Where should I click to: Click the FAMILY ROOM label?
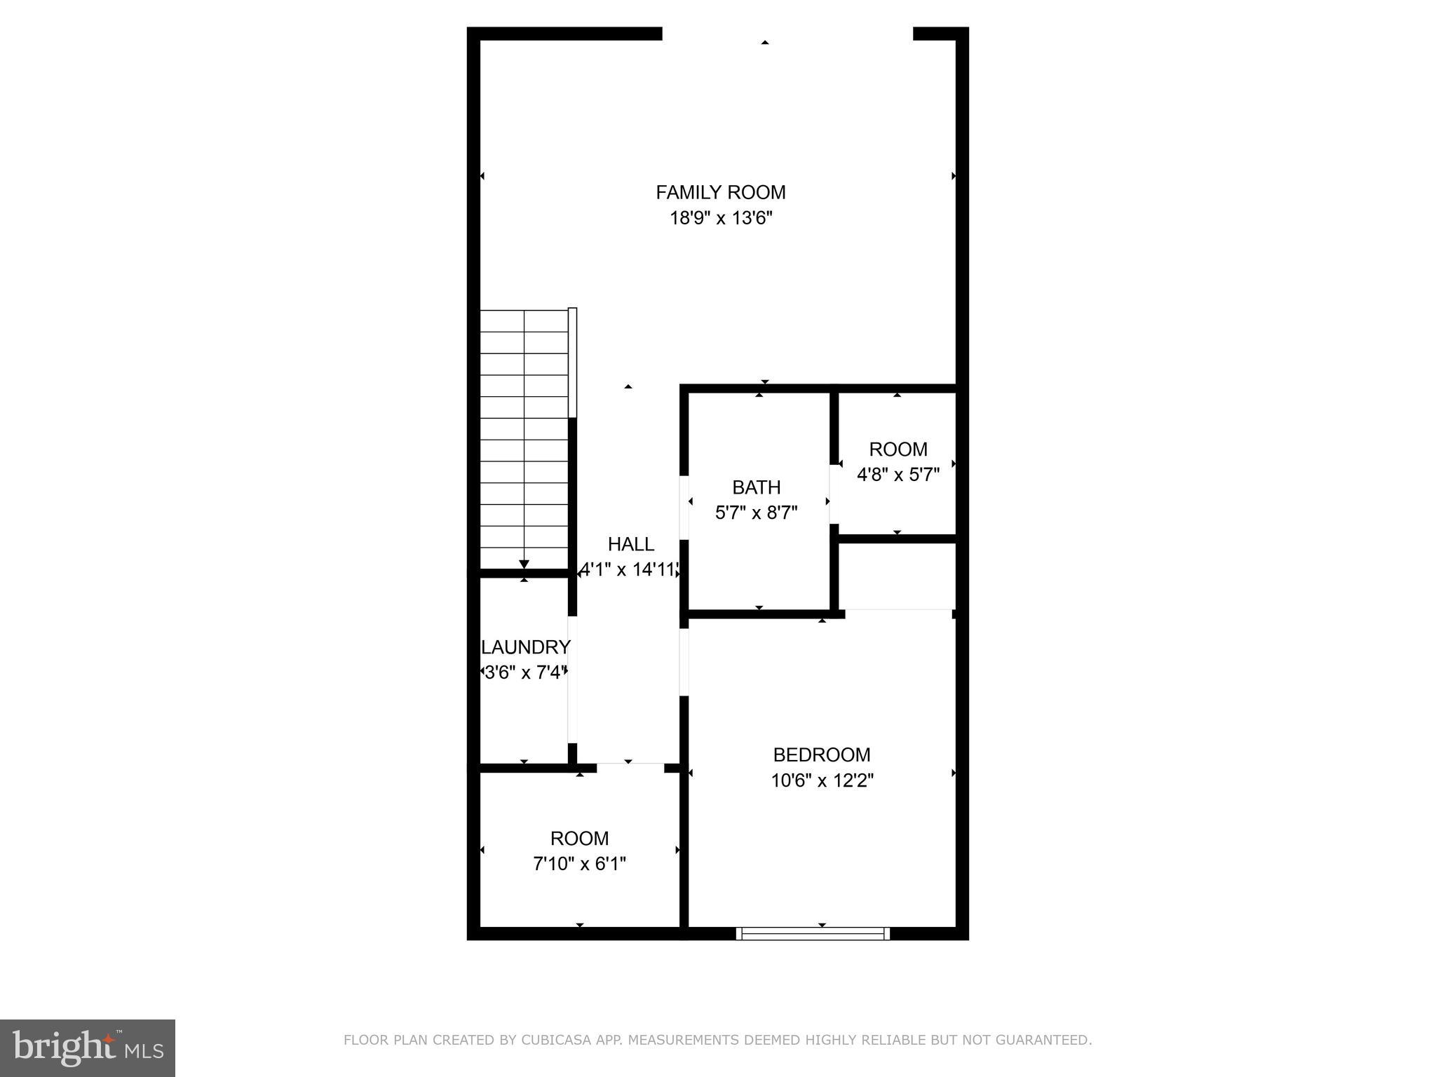[720, 192]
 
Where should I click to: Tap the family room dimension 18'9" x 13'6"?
[720, 218]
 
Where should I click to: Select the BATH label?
[756, 487]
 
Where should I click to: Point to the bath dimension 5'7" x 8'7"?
[756, 513]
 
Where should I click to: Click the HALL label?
[630, 544]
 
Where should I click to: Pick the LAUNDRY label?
[525, 646]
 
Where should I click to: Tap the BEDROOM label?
[821, 754]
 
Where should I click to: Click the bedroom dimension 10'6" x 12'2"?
[821, 780]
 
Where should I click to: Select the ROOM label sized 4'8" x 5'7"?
[897, 449]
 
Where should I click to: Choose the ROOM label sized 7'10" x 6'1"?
[579, 839]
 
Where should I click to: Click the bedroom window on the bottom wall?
[813, 933]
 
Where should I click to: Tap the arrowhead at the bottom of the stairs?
[524, 564]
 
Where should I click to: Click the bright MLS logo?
[88, 1048]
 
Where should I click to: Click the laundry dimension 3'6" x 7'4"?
[524, 672]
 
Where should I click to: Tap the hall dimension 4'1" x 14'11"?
[629, 569]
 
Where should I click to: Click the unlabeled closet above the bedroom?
[897, 576]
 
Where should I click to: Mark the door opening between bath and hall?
[684, 508]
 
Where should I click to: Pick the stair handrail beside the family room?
[572, 363]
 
